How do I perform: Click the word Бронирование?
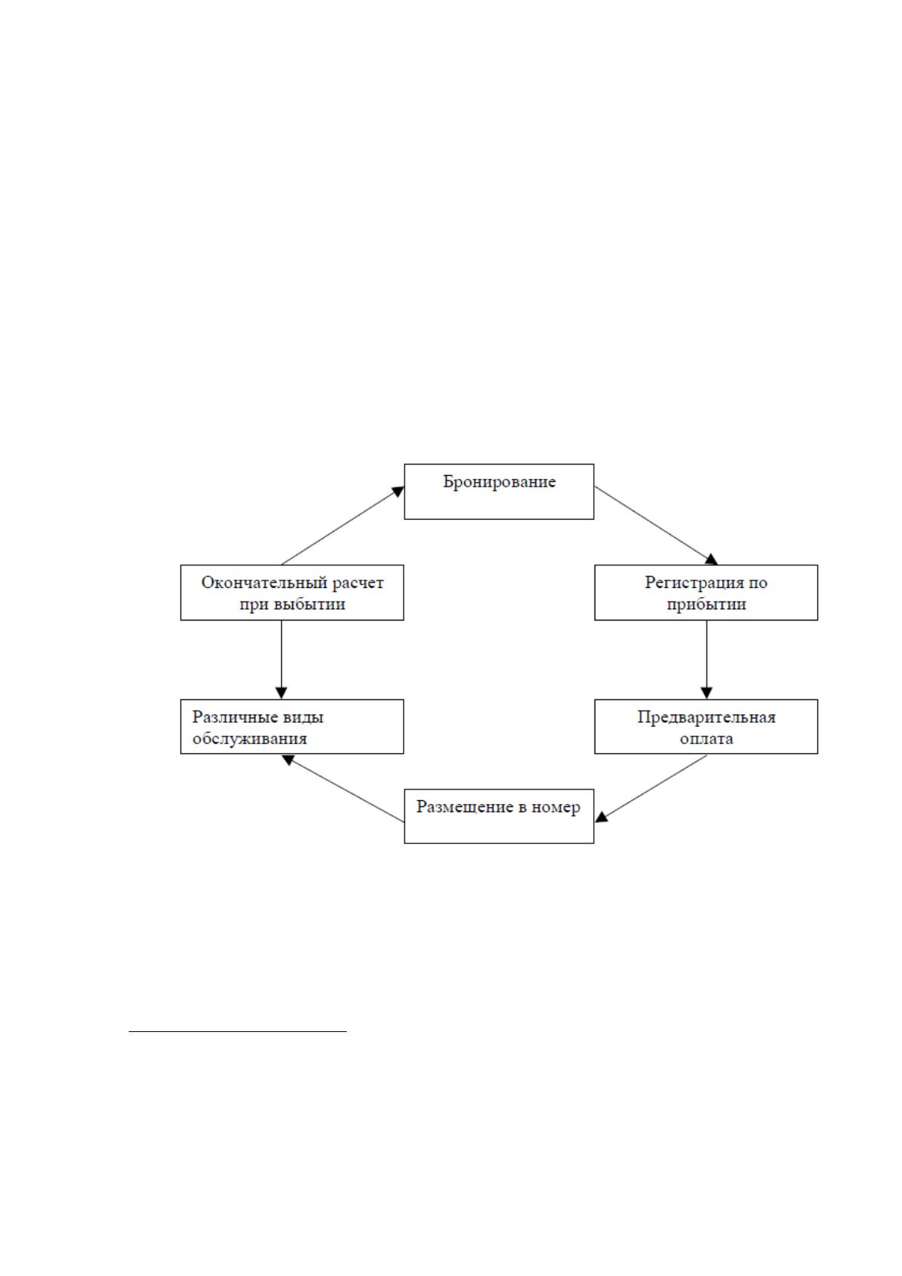(x=499, y=483)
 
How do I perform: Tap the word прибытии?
(x=706, y=605)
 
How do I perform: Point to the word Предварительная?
(x=706, y=717)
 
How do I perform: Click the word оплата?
(x=706, y=740)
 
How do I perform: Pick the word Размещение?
(x=465, y=807)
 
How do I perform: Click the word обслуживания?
(x=249, y=740)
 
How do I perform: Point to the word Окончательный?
(x=264, y=583)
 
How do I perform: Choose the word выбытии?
(x=309, y=605)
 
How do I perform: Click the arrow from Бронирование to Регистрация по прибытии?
(x=656, y=525)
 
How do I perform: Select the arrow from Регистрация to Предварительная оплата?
(x=706, y=660)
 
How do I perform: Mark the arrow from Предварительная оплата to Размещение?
(x=651, y=788)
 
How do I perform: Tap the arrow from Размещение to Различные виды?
(x=343, y=788)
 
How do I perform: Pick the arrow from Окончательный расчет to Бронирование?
(x=343, y=525)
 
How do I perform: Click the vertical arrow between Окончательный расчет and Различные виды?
(x=281, y=660)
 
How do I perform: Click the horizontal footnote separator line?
(x=238, y=1031)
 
